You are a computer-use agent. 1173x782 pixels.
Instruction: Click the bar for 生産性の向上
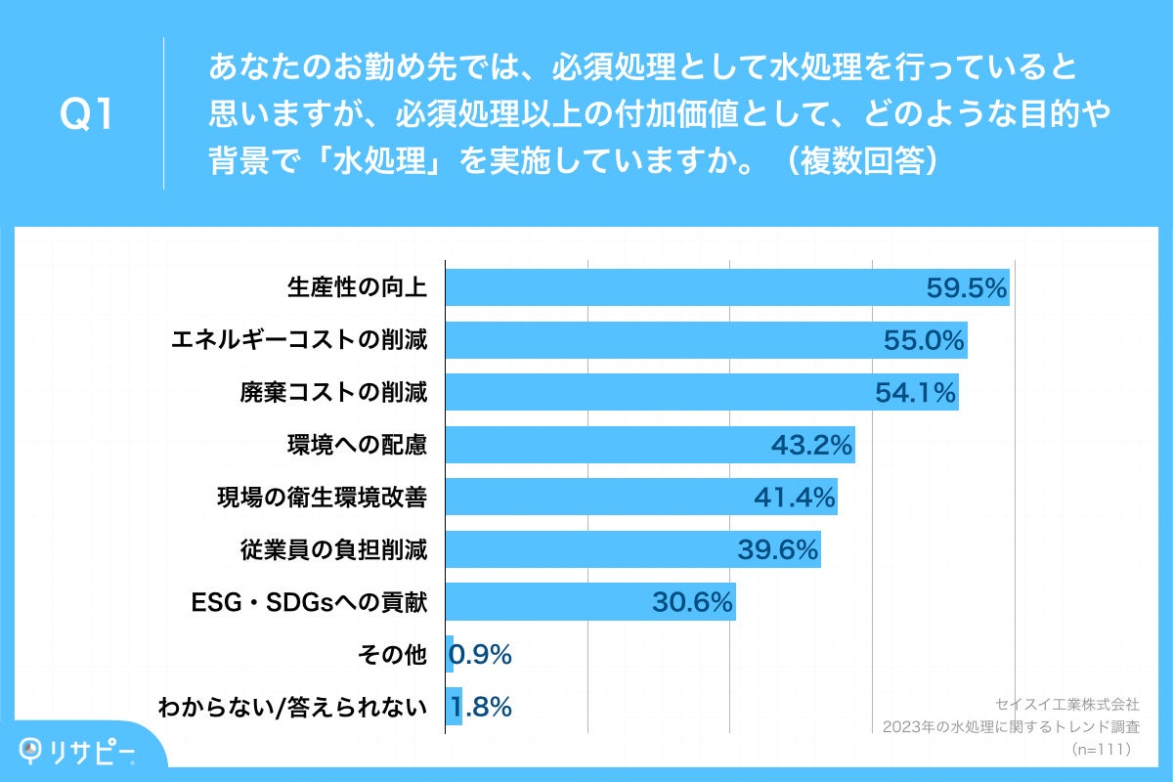[x=684, y=287]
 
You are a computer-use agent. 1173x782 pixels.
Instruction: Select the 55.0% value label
[x=924, y=340]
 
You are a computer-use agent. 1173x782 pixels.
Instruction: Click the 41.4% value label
[x=794, y=499]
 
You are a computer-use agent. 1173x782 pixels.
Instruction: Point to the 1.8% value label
[x=486, y=708]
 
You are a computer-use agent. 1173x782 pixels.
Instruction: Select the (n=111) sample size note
[x=1102, y=750]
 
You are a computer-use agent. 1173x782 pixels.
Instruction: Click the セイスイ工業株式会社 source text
[x=1067, y=704]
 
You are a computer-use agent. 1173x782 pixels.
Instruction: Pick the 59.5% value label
[x=966, y=287]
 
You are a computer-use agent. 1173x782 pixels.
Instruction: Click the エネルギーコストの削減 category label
[x=299, y=340]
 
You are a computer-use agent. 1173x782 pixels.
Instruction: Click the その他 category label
[x=399, y=655]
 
